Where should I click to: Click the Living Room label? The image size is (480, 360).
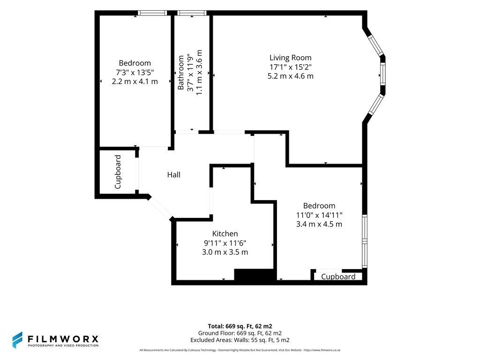(x=290, y=58)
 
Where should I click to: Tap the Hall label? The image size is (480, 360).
(x=173, y=175)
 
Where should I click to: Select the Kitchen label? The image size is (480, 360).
(x=225, y=233)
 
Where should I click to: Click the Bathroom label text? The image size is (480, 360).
(x=181, y=73)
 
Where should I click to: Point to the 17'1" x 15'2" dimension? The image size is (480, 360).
(x=291, y=67)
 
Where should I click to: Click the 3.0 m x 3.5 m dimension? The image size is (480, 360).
(x=225, y=252)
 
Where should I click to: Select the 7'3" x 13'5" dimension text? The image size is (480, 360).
(x=135, y=73)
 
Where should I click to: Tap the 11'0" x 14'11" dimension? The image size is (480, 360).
(x=319, y=215)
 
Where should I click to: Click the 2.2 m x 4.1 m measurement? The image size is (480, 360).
(x=135, y=82)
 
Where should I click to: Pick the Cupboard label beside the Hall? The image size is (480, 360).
(x=118, y=172)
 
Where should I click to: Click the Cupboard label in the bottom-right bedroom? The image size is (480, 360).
(x=338, y=277)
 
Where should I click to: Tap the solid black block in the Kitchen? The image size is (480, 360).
(x=254, y=275)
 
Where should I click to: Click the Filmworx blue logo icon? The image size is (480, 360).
(x=17, y=340)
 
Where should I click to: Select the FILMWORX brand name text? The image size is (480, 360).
(x=63, y=339)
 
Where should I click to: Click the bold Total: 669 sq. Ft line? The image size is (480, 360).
(x=240, y=326)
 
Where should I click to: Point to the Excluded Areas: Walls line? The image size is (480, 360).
(x=240, y=340)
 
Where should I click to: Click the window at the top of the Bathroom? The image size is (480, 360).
(x=192, y=13)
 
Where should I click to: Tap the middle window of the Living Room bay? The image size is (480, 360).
(x=382, y=75)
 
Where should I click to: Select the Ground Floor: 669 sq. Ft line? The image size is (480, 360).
(x=240, y=333)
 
